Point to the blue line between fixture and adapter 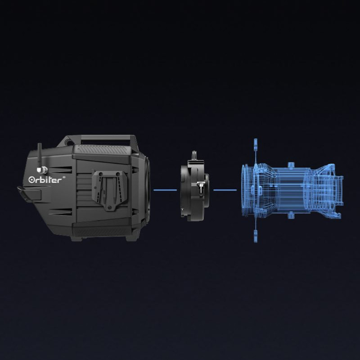[x=165, y=190]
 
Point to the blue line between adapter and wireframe [x=225, y=190]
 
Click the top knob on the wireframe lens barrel [x=292, y=163]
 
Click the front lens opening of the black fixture [x=147, y=189]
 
